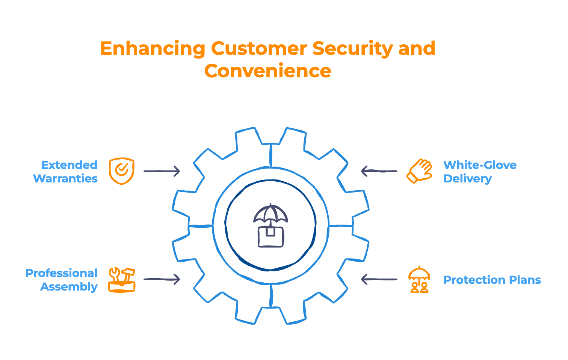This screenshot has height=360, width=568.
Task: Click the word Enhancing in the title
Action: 153,49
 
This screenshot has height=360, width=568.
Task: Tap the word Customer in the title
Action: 259,49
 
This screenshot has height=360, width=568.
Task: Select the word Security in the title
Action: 352,49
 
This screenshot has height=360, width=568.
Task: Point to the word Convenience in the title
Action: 267,71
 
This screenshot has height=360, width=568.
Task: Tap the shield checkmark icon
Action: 121,171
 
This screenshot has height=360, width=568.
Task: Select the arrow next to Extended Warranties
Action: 162,171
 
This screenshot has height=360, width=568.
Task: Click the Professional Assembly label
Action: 62,280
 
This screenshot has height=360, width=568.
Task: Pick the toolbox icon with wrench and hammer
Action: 121,280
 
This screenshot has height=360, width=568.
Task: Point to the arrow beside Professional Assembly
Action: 162,279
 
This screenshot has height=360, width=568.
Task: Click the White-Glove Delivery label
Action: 480,172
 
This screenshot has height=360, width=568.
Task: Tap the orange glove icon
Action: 419,171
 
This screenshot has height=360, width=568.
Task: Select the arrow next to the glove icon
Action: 379,171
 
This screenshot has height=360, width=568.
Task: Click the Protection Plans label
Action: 492,280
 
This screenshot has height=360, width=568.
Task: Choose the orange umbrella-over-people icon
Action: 419,280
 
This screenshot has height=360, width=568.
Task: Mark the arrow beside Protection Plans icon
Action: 379,279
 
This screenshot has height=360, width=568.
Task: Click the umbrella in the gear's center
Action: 270,214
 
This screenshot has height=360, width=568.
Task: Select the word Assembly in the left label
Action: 69,286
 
